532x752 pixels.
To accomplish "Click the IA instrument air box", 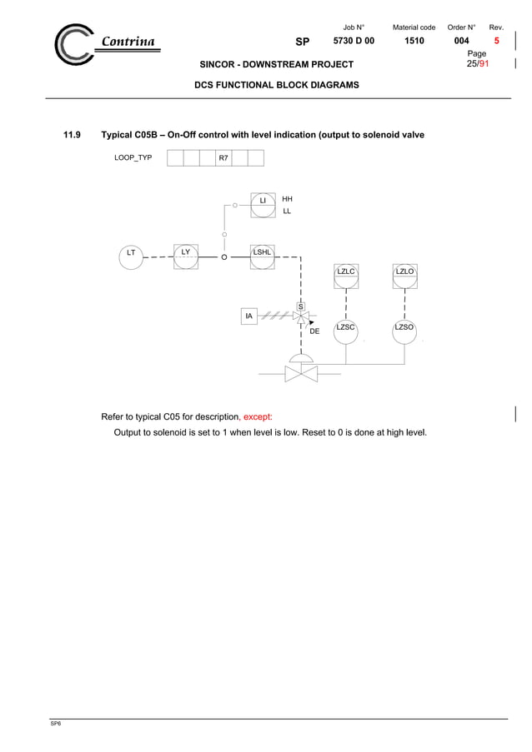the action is tap(249, 316).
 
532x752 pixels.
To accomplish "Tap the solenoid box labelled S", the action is tap(301, 306).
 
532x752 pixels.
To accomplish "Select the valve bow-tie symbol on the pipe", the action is tap(301, 374).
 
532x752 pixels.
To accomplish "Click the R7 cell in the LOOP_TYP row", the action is tap(223, 157).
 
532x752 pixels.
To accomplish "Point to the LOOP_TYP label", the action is tap(133, 157).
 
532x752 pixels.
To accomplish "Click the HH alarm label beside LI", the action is tap(287, 200).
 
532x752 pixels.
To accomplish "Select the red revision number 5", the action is tap(497, 41).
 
